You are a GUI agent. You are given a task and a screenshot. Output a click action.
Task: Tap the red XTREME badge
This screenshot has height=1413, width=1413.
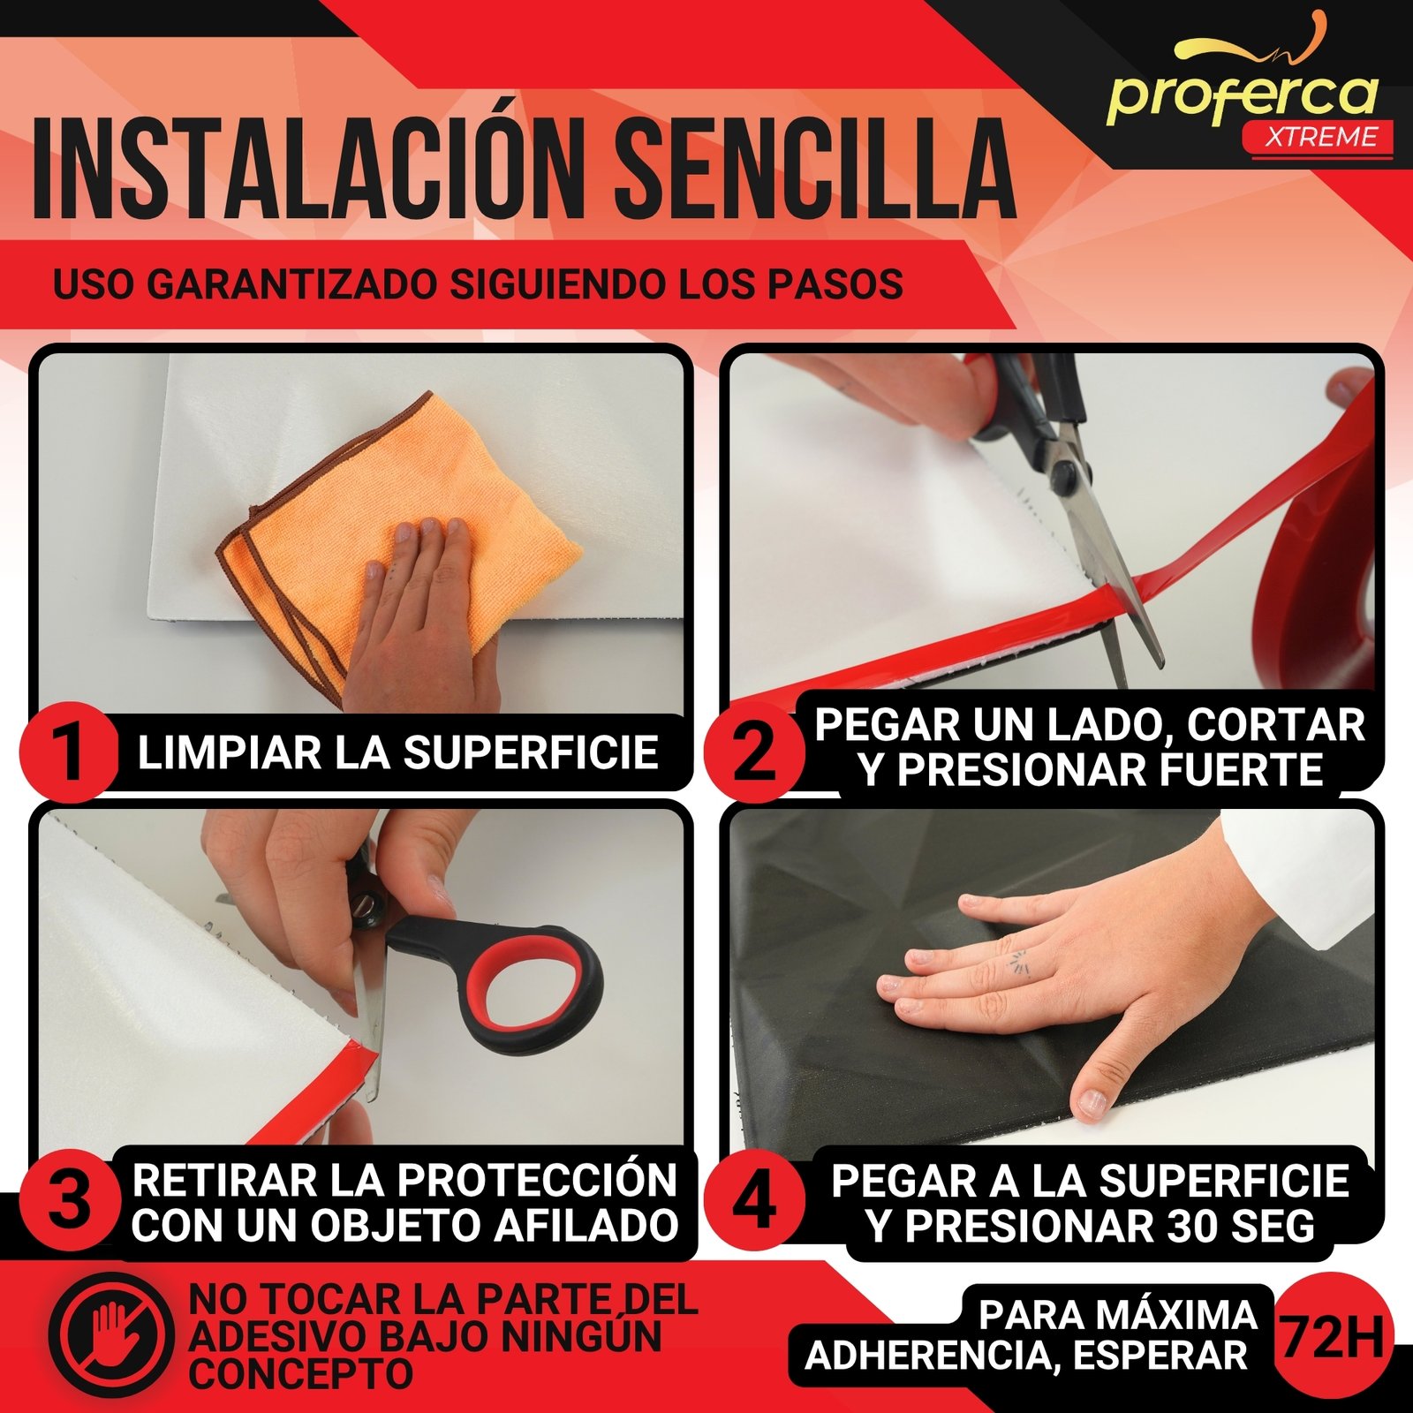tap(1318, 138)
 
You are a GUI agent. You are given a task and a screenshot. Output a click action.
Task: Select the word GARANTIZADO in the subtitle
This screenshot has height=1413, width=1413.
tap(293, 284)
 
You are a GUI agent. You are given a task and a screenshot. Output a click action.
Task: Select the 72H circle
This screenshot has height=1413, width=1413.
tap(1332, 1335)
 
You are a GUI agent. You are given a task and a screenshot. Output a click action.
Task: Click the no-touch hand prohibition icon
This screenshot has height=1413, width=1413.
tap(110, 1334)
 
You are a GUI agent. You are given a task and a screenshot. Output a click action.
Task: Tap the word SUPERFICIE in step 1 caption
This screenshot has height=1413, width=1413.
tap(531, 752)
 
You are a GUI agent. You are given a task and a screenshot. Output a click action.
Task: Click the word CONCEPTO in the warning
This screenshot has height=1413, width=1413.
tap(300, 1374)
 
